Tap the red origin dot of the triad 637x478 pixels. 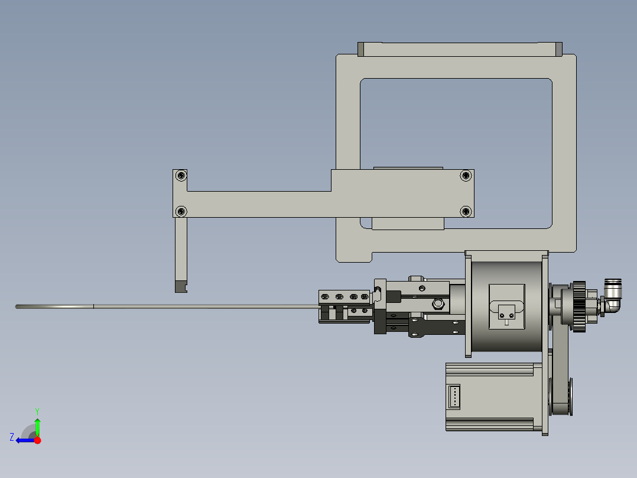(x=37, y=440)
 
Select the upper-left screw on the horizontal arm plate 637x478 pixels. (x=181, y=175)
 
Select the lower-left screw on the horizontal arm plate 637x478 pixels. (x=181, y=211)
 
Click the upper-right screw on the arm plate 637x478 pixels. (x=466, y=175)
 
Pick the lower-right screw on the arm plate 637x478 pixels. (x=466, y=211)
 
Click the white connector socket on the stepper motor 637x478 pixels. (x=454, y=396)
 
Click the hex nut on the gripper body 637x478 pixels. (x=438, y=304)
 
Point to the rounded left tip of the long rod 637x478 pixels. (x=18, y=306)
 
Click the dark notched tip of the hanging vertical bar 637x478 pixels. (x=180, y=287)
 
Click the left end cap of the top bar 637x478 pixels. (x=360, y=49)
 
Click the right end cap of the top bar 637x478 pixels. (x=558, y=49)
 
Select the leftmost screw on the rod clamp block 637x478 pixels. (x=324, y=296)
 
